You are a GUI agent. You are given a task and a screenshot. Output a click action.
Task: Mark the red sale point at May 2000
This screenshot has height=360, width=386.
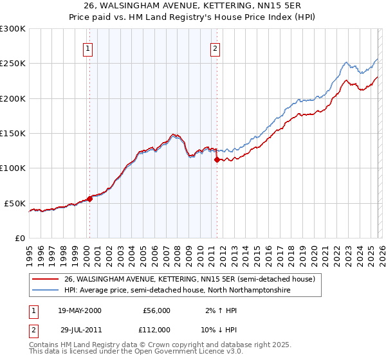(90, 199)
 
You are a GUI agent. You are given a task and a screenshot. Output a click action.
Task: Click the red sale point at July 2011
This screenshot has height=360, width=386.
(217, 159)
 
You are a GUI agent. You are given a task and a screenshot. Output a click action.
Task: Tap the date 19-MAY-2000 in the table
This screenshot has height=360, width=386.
(80, 310)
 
